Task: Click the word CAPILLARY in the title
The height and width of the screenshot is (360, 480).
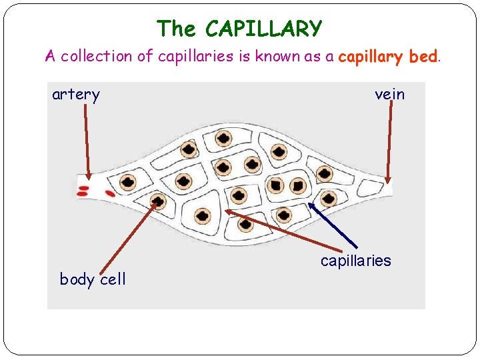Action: (264, 29)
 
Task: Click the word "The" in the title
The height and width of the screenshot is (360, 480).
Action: (177, 29)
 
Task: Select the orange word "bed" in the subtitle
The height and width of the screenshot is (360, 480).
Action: (423, 57)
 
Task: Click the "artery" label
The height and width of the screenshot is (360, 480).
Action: (76, 95)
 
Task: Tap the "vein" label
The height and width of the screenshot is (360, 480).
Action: (389, 95)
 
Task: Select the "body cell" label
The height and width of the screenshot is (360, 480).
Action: (93, 279)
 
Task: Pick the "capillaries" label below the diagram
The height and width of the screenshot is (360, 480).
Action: (355, 261)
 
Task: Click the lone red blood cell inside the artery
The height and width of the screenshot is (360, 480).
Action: (109, 194)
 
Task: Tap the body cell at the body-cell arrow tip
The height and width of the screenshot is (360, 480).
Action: (157, 200)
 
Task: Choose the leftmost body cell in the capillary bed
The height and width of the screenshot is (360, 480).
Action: (127, 181)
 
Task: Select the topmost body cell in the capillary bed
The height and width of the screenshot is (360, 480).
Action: (225, 139)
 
